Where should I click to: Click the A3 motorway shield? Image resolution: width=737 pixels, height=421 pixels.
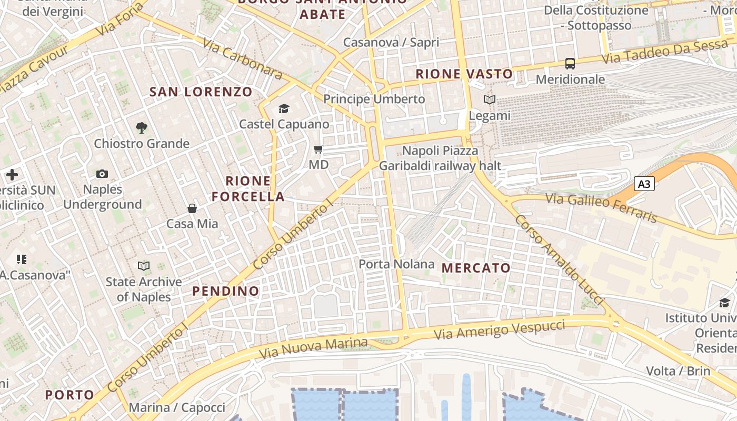pos(645,184)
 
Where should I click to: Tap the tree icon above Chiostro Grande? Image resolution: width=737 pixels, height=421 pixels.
pos(141,127)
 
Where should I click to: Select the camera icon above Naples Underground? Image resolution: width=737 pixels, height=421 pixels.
pos(102,174)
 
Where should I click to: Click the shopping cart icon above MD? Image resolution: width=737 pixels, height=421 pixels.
pos(318,149)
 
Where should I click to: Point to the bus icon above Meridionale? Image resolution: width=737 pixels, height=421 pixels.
pos(570,64)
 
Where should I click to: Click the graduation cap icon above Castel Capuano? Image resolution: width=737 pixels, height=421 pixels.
pos(284,108)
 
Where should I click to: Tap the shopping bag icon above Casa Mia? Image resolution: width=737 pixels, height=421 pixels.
pos(192,208)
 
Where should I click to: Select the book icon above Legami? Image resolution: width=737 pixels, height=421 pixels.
pos(490,99)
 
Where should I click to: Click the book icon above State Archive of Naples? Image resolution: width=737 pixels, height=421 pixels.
pos(144,266)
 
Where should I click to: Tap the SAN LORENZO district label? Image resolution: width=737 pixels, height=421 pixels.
pos(201,92)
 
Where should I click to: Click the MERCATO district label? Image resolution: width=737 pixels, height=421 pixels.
pos(476,268)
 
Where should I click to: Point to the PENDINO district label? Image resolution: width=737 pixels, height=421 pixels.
pos(226,291)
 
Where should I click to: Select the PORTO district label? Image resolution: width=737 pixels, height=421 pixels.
pos(69,395)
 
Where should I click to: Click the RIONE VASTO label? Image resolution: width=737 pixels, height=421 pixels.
pos(464,74)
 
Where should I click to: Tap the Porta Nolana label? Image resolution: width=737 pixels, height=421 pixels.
pos(397,264)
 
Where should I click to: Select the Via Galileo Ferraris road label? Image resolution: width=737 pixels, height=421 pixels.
pos(601,207)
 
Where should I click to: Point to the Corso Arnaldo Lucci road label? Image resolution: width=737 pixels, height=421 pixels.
pos(558,260)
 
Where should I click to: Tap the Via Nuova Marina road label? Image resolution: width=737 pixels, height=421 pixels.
pos(314,347)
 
